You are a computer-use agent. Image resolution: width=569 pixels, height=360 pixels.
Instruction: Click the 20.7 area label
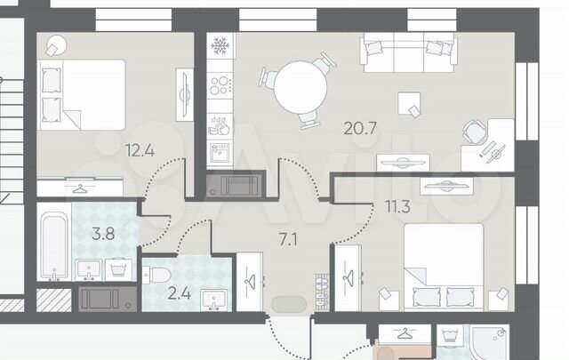[x=360, y=129]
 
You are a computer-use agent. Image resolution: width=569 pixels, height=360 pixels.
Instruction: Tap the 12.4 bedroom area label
[x=140, y=150]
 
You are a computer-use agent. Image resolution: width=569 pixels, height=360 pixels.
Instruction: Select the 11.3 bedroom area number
[x=397, y=206]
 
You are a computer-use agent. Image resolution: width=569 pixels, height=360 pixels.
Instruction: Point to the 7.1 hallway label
[x=288, y=239]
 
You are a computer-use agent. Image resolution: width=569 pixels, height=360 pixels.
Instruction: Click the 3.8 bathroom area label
[x=103, y=234]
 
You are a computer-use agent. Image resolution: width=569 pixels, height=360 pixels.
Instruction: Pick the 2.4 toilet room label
[x=180, y=293]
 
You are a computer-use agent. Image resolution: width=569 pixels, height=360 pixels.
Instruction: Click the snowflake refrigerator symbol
[x=220, y=45]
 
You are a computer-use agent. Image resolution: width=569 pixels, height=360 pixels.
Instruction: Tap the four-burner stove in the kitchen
[x=220, y=85]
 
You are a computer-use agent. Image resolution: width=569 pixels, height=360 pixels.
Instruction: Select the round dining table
[x=301, y=87]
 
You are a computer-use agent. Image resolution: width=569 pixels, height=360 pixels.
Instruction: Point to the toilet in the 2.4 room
[x=156, y=275]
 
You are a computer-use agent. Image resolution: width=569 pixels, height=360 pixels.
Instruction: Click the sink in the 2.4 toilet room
[x=213, y=300]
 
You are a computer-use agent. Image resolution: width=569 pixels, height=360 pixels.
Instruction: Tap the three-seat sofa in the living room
[x=409, y=52]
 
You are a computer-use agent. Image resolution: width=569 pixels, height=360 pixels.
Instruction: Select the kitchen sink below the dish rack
[x=220, y=153]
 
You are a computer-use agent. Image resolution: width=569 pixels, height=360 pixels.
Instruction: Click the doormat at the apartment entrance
[x=289, y=305]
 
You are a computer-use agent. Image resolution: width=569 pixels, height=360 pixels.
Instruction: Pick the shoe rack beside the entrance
[x=321, y=292]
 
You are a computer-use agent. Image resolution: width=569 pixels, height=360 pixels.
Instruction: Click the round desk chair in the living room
[x=475, y=132]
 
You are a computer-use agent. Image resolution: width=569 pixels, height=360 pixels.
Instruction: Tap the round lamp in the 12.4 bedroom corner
[x=57, y=45]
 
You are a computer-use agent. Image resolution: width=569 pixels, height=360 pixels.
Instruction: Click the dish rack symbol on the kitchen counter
[x=220, y=126]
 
